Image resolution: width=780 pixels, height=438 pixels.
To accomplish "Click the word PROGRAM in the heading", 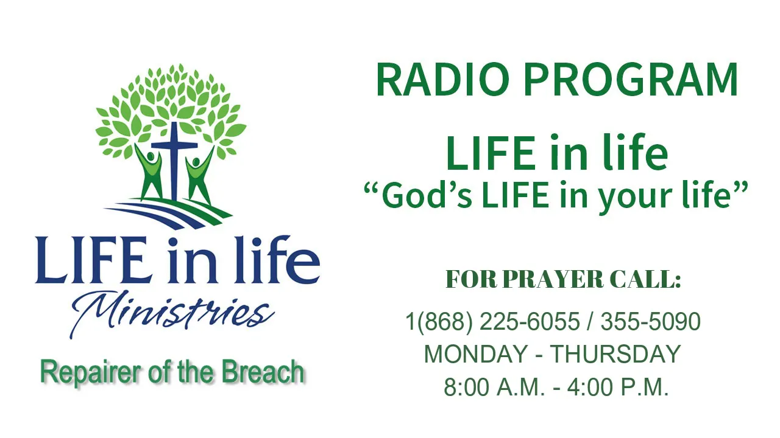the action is [x=631, y=79].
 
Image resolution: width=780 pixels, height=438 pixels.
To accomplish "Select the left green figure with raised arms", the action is [x=149, y=172].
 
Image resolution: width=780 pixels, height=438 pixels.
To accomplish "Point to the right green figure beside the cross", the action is [x=199, y=176].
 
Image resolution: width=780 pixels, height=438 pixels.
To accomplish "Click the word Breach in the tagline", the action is [x=263, y=372].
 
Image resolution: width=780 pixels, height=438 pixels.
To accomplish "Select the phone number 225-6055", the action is [x=530, y=321].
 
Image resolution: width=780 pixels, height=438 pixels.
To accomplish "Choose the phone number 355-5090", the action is [x=651, y=321].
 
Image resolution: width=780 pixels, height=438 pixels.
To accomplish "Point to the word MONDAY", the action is [x=476, y=354].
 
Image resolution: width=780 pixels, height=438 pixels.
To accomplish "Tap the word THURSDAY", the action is [x=615, y=354].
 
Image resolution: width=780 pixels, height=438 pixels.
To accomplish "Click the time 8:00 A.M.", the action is [x=494, y=387].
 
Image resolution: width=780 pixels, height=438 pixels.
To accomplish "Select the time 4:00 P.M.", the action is [x=618, y=387].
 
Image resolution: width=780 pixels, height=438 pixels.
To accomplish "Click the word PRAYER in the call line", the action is [x=553, y=279].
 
